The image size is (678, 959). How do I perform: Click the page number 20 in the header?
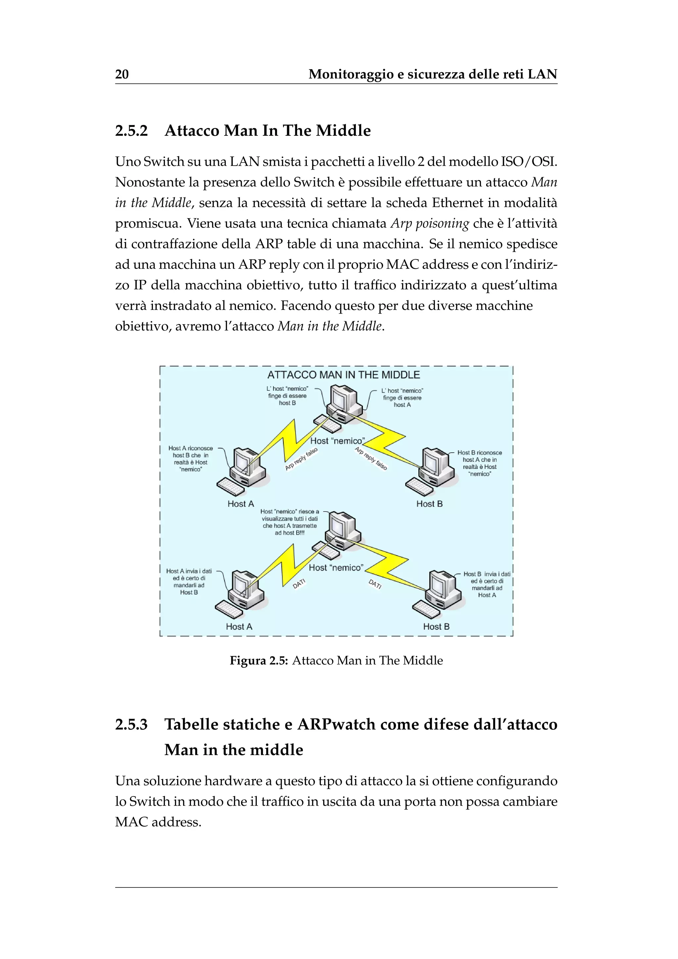121,75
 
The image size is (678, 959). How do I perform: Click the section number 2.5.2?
131,131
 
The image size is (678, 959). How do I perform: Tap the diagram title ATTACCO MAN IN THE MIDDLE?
343,375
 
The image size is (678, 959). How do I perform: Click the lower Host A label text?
239,627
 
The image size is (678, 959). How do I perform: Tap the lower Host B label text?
436,627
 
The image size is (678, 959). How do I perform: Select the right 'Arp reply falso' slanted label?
371,459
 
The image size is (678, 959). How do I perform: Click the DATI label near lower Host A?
299,583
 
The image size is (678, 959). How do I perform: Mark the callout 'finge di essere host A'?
402,398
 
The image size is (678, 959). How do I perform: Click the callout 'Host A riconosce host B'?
190,459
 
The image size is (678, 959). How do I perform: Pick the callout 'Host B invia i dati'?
486,584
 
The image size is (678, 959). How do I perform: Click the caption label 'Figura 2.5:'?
259,660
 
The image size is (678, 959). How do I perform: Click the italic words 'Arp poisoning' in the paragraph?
430,224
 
